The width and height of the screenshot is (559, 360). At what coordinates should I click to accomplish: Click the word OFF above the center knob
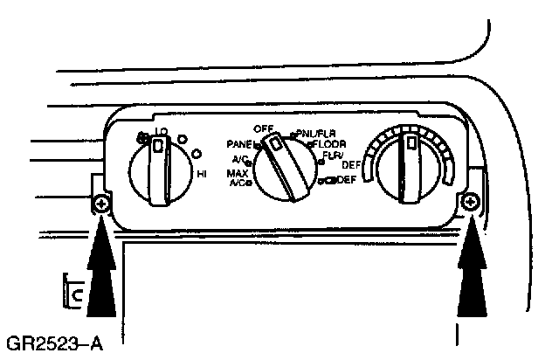click(265, 128)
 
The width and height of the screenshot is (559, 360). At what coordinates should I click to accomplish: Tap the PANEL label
click(239, 143)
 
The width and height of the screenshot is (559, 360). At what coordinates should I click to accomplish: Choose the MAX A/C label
click(237, 178)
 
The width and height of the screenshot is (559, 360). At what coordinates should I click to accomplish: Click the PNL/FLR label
click(317, 134)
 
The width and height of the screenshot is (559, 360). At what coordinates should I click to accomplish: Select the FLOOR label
click(332, 143)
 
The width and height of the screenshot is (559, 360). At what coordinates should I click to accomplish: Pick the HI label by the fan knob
click(202, 175)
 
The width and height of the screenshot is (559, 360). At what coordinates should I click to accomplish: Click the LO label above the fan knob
click(160, 132)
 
